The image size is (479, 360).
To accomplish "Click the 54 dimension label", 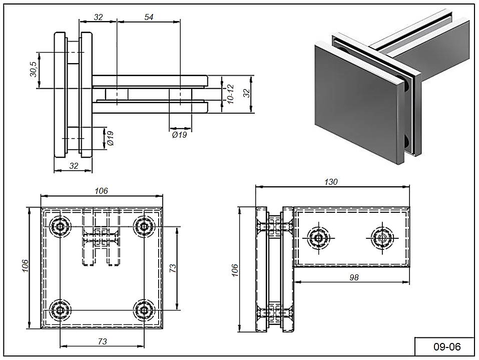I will point(149,17).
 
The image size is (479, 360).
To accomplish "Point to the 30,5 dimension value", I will point(33,70).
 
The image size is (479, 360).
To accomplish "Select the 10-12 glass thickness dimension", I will point(230,94).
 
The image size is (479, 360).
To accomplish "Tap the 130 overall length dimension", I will point(331,182).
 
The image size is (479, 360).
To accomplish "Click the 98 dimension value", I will point(354,277).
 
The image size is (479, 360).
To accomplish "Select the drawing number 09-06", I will point(446,346).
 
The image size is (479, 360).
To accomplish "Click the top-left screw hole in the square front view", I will point(61,227).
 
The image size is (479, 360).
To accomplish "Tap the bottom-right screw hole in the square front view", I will point(145,310).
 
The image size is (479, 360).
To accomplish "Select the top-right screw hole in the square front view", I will point(145,227).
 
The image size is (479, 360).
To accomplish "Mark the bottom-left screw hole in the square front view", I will point(61,310).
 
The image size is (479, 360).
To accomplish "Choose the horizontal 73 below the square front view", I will point(102,341).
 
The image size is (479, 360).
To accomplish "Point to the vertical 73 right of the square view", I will point(173,268).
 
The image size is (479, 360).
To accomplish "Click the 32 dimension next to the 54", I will point(98,17).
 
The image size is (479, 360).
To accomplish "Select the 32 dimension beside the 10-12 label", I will point(246,94).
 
